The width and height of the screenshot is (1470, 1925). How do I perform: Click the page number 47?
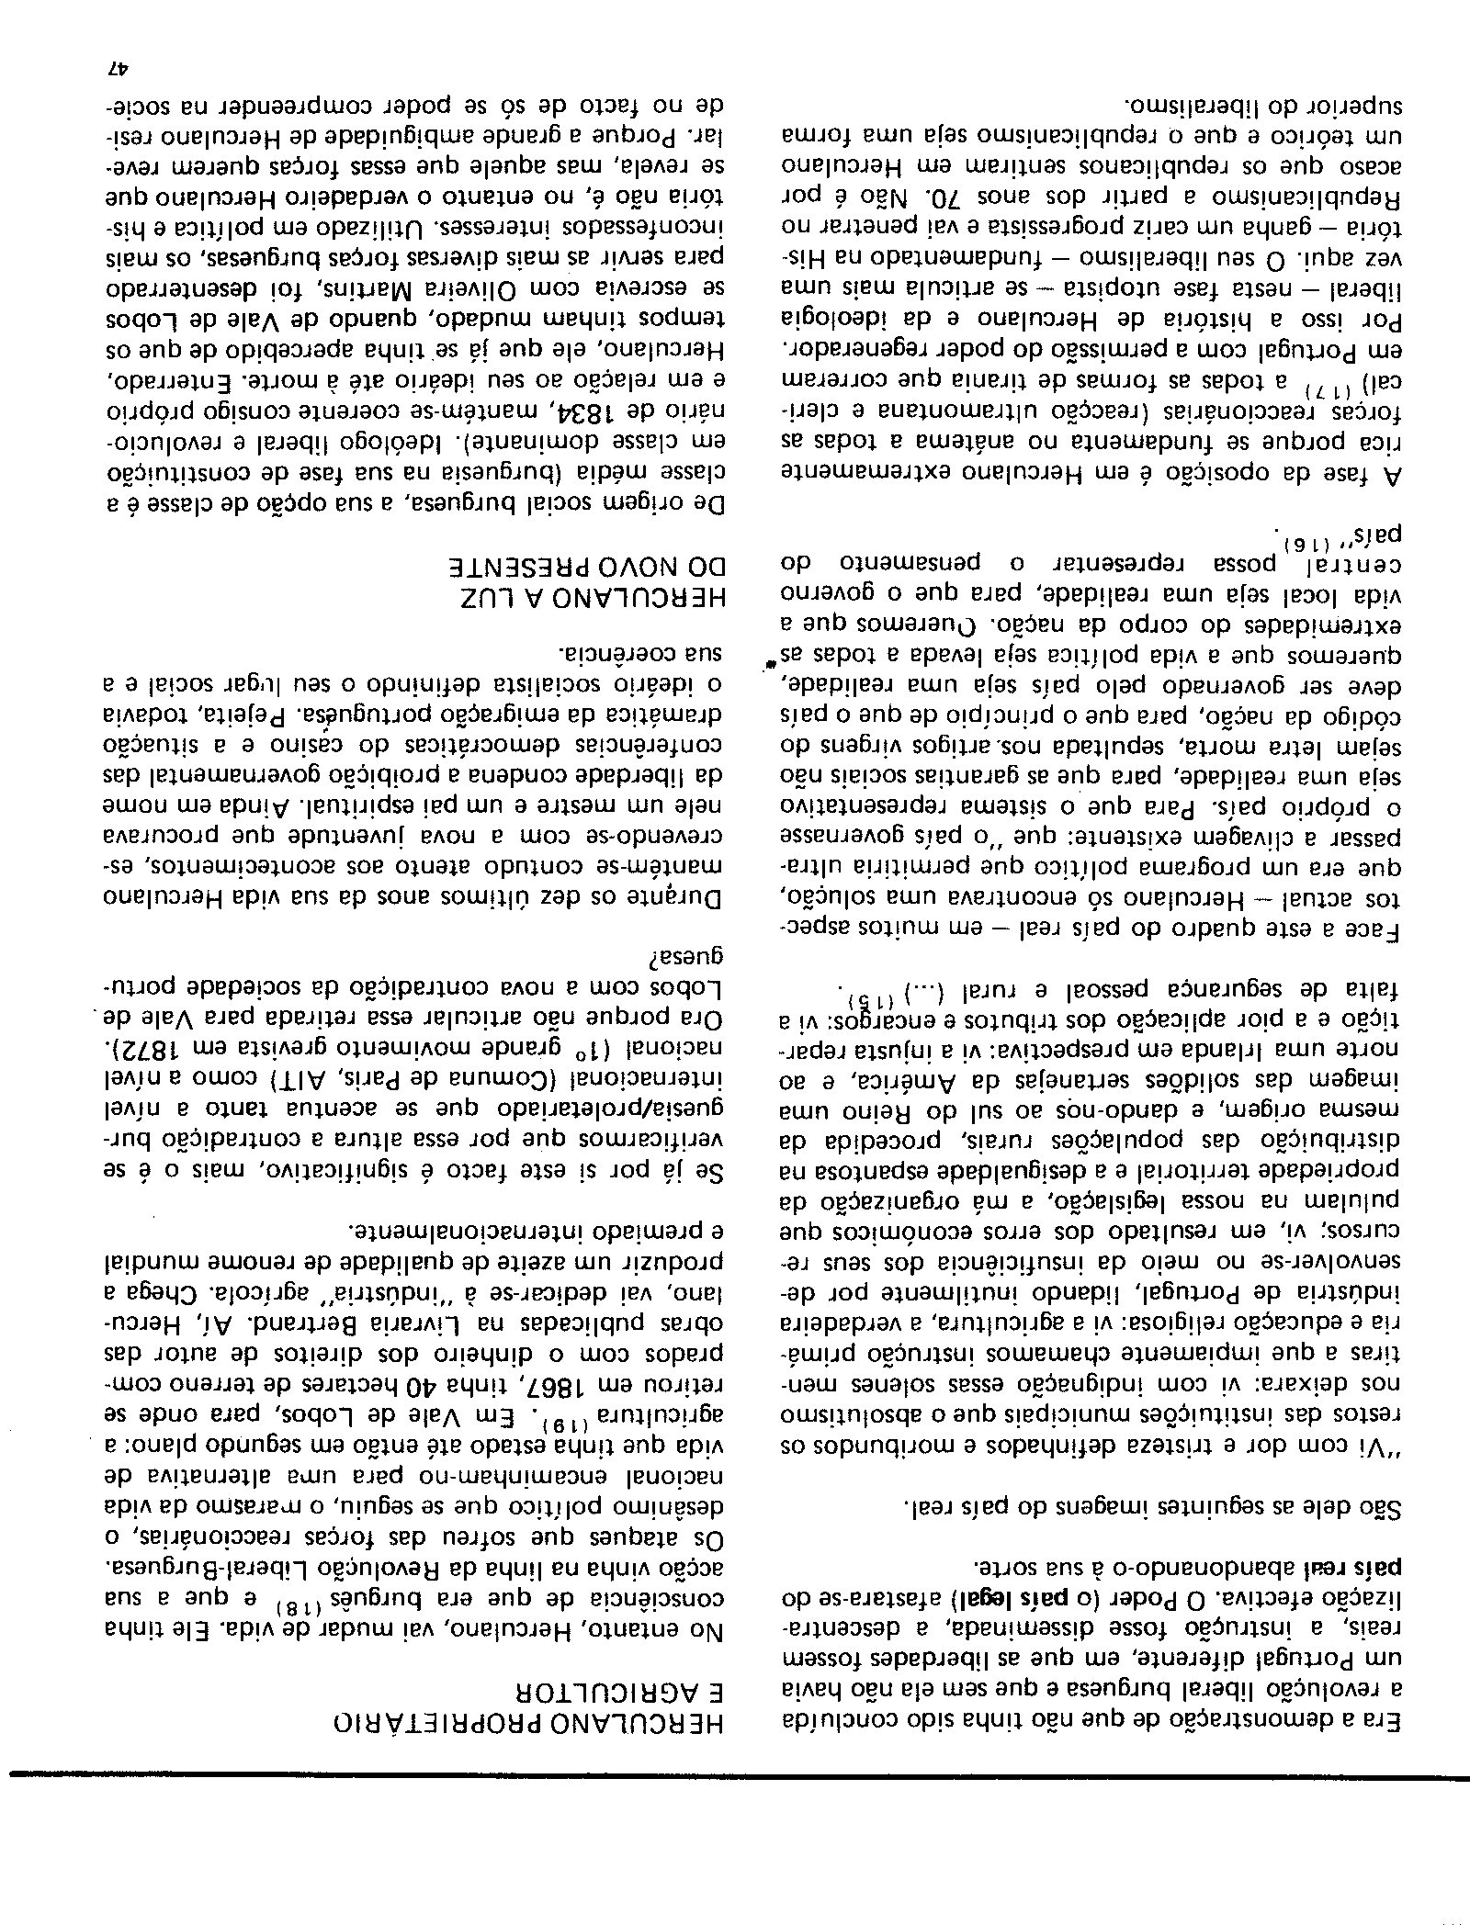[118, 68]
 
